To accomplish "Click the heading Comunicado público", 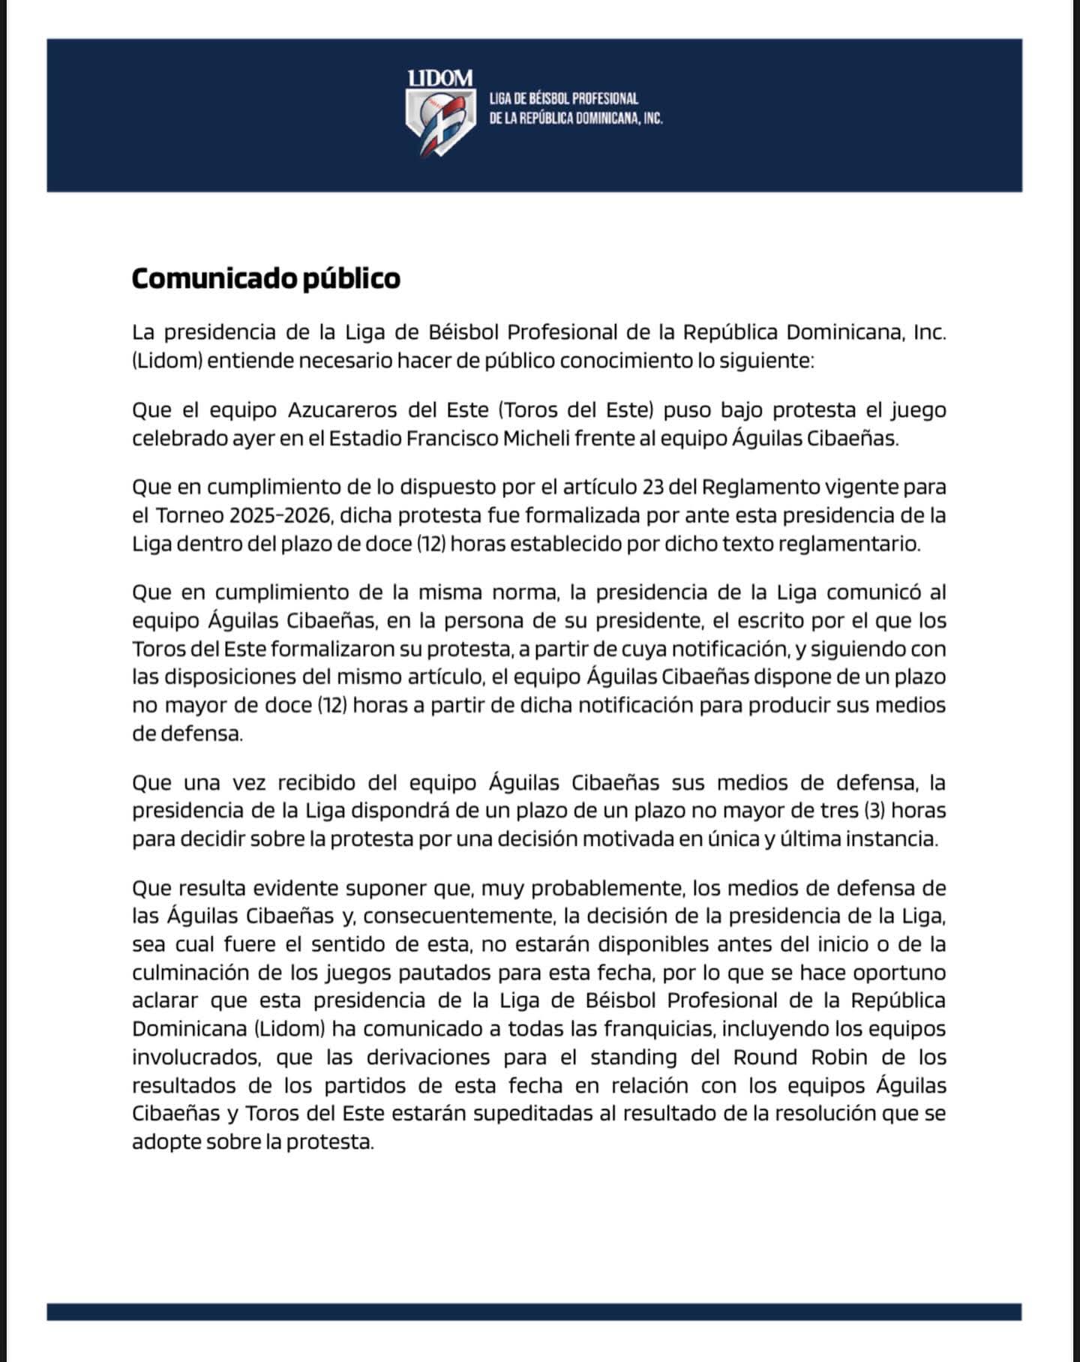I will pyautogui.click(x=265, y=278).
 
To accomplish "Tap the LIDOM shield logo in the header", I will pyautogui.click(x=440, y=119).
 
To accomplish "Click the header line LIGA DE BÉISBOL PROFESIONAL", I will pyautogui.click(x=563, y=98).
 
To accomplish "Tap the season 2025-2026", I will pyautogui.click(x=271, y=516).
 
